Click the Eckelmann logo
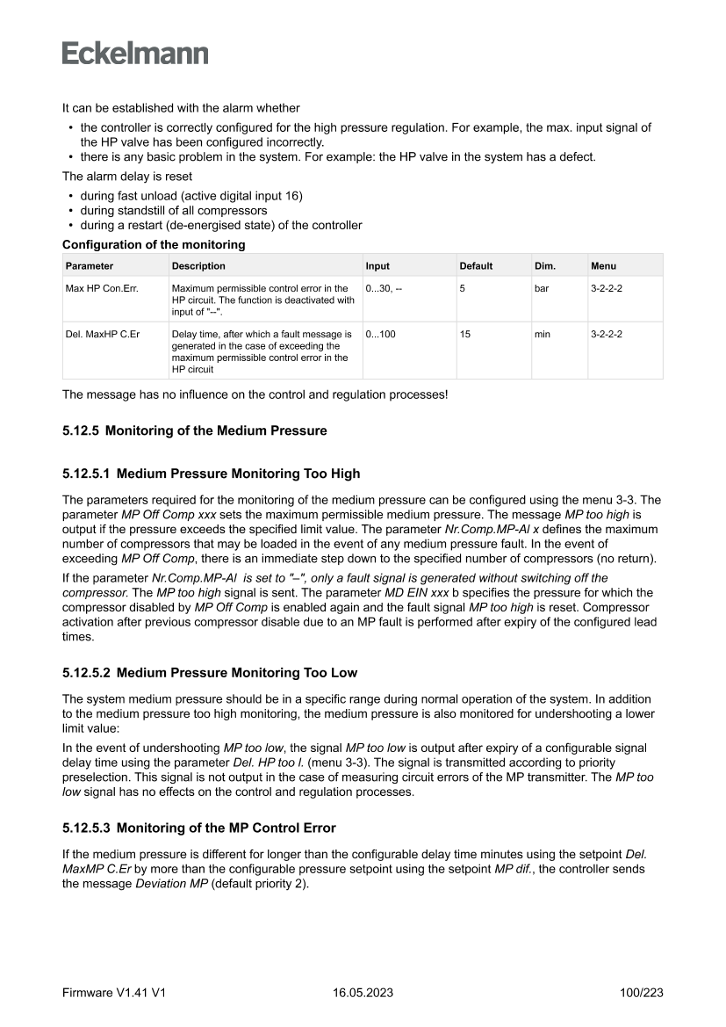135,53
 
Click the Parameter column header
89,266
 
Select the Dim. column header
544,266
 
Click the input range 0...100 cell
380,335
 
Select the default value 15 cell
465,335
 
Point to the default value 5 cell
463,288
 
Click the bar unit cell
542,288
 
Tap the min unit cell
543,335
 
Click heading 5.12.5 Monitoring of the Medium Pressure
194,430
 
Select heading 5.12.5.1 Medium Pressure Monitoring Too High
211,474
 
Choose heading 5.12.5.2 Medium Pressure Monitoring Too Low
210,673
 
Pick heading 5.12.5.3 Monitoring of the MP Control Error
199,828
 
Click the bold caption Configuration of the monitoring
154,245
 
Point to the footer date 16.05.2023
363,993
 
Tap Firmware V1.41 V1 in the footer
114,993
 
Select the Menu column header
603,266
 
